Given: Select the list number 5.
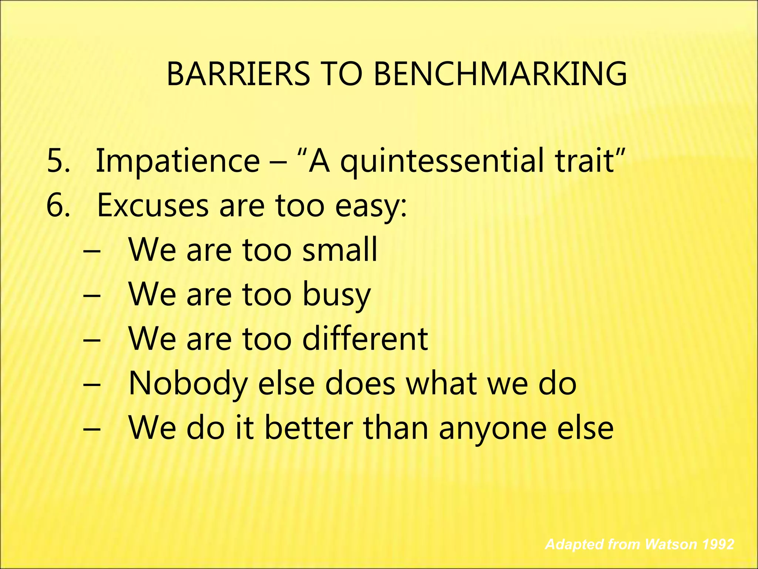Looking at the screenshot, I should (58, 161).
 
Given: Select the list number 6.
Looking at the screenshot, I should (58, 205).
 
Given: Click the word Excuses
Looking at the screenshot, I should (152, 205).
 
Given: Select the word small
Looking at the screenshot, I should (339, 249).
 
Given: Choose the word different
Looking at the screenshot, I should (365, 338).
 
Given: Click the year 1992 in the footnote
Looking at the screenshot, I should (718, 544).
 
